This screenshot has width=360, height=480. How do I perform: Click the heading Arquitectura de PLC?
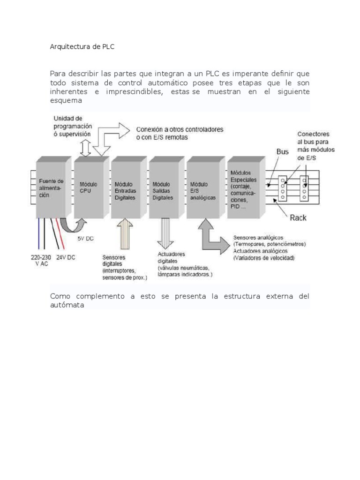pyautogui.click(x=82, y=47)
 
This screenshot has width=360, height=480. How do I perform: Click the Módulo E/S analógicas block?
pyautogui.click(x=203, y=187)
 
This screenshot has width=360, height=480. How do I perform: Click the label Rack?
pyautogui.click(x=298, y=218)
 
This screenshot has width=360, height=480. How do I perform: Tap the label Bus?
pyautogui.click(x=283, y=152)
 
